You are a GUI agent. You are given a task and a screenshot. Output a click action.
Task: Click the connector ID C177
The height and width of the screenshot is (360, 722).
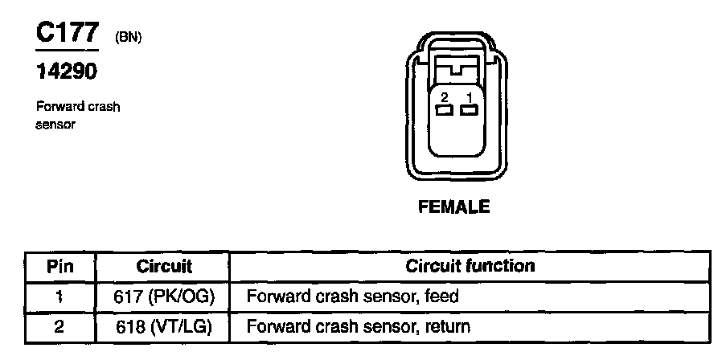[x=67, y=33]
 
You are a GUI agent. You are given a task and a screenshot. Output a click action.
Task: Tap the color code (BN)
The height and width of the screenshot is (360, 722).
[x=129, y=38]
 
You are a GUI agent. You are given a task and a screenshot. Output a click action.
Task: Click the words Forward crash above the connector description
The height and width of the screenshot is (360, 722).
[x=78, y=107]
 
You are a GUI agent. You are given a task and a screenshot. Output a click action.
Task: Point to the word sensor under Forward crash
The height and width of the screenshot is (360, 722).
[x=55, y=125]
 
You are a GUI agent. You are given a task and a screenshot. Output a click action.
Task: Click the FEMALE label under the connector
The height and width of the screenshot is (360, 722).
[x=454, y=207]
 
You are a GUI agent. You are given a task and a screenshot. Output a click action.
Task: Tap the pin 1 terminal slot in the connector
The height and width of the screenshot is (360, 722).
[x=469, y=111]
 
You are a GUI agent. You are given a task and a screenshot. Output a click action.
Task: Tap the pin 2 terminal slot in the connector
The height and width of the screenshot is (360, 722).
[x=443, y=111]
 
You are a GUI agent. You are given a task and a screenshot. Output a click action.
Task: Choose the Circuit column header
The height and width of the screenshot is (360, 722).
[x=163, y=266]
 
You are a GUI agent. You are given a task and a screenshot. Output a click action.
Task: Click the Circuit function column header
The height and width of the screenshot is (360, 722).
[x=470, y=266]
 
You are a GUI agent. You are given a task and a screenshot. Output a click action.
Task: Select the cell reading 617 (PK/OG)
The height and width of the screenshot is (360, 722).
[x=163, y=297]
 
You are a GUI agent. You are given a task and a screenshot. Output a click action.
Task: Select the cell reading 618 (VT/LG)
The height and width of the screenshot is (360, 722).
[x=163, y=327]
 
